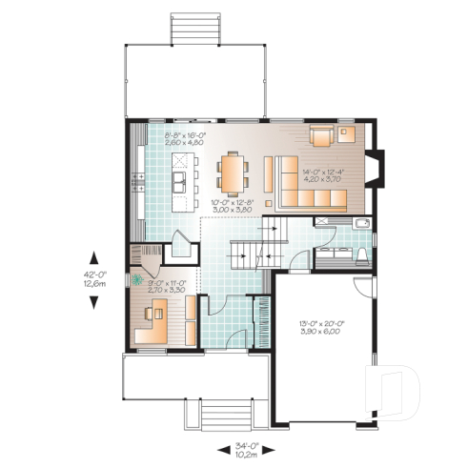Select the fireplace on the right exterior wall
click(377, 169)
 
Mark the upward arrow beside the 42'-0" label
click(95, 254)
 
